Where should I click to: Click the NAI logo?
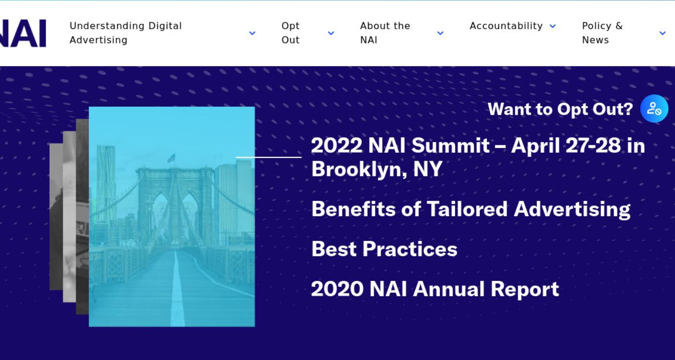[23, 33]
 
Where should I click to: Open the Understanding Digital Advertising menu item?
[126, 33]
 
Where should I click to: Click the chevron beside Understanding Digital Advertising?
[252, 33]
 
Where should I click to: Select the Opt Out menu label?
[291, 33]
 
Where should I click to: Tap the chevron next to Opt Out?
[331, 33]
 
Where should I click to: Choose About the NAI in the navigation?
[385, 33]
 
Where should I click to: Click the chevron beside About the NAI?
[440, 33]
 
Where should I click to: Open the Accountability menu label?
[506, 26]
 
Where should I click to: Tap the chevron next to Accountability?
[552, 26]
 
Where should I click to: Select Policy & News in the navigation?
[602, 33]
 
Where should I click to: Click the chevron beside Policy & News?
[662, 33]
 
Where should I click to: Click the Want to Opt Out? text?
[560, 109]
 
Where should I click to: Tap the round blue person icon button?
[654, 108]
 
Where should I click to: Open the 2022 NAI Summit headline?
[478, 157]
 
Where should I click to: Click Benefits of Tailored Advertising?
[471, 209]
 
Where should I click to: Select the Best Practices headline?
[384, 249]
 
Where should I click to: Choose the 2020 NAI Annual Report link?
[435, 289]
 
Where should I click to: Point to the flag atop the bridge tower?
[171, 158]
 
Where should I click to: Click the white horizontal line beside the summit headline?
[268, 157]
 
